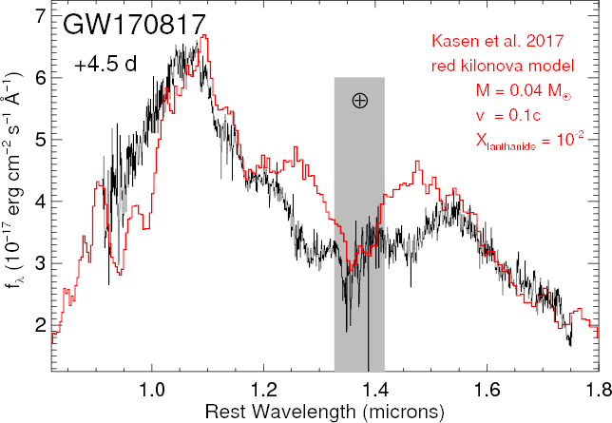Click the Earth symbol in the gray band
359,101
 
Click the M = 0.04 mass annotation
523,92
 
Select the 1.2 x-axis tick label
263,390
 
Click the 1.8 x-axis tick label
596,390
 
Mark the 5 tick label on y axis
38,140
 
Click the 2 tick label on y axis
38,324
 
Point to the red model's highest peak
204,36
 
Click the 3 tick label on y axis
38,263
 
